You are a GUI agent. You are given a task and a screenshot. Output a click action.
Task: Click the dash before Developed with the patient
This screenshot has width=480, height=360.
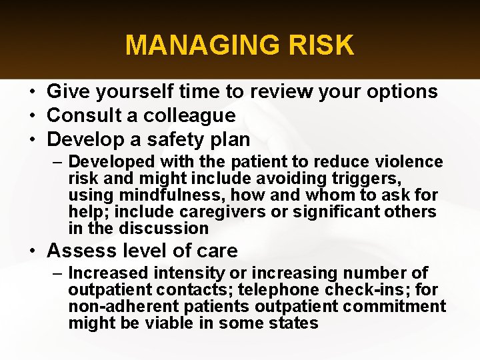pos(59,162)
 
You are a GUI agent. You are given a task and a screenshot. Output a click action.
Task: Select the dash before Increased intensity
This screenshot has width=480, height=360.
pos(59,273)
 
